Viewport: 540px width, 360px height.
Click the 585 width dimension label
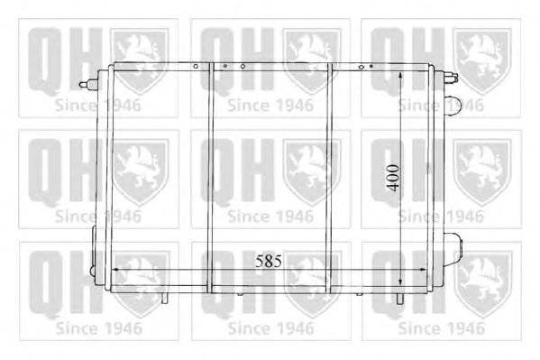point(269,261)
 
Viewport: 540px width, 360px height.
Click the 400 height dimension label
point(392,178)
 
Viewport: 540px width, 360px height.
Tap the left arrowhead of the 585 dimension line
point(116,270)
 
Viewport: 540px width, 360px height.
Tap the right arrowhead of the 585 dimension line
point(424,270)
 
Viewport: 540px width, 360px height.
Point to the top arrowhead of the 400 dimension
point(400,76)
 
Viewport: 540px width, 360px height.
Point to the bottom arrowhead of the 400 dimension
point(400,282)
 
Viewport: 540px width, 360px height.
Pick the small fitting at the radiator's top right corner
point(451,78)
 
